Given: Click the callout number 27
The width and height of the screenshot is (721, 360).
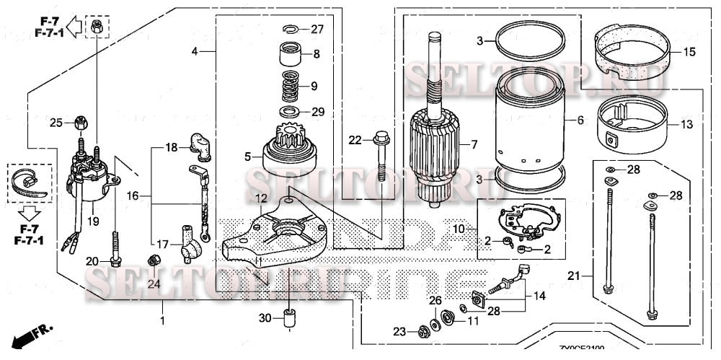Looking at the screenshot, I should [317, 29].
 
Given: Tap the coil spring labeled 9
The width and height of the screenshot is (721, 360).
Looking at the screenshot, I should [291, 85].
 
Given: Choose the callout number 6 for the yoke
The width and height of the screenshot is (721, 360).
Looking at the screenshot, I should [580, 120].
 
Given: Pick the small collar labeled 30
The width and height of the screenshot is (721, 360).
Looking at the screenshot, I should [289, 318].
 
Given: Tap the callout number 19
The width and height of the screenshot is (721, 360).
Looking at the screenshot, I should [93, 221].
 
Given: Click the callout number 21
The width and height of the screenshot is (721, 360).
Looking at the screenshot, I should [573, 276].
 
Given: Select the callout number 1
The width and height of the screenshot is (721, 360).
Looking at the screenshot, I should [162, 320].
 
